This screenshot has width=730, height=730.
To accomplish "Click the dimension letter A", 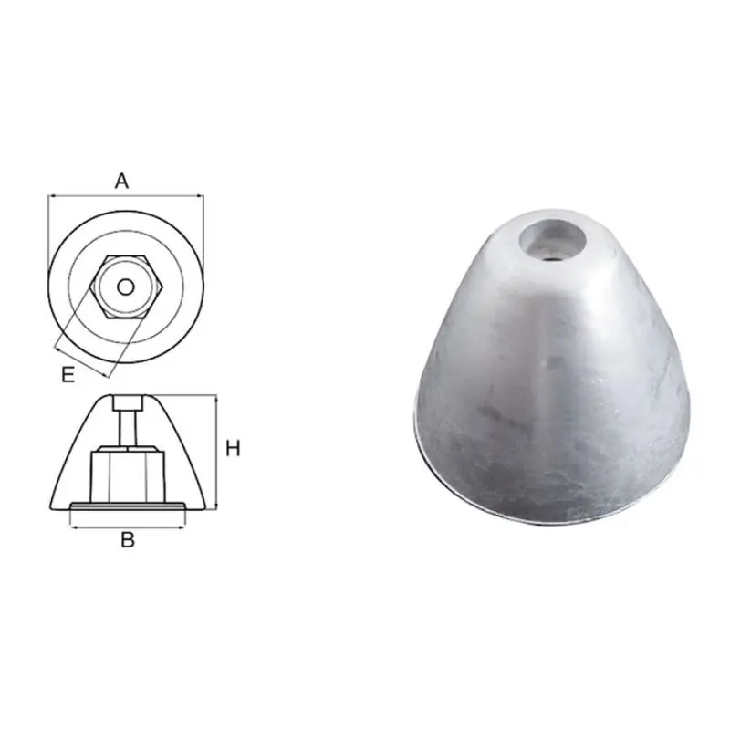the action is click(x=121, y=181).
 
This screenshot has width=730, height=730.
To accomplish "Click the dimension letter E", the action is click(x=68, y=374).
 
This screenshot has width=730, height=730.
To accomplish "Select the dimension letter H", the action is click(x=233, y=449).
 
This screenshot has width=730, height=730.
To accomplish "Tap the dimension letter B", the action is click(x=128, y=540).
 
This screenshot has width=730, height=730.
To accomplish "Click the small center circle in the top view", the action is click(x=126, y=287).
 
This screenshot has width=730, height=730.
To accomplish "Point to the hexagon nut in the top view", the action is click(x=126, y=287).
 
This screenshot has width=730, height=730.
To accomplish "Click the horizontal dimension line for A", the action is click(x=126, y=196).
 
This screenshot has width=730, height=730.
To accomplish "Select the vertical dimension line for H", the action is click(x=216, y=453).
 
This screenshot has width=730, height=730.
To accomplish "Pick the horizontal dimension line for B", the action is click(x=127, y=527).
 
